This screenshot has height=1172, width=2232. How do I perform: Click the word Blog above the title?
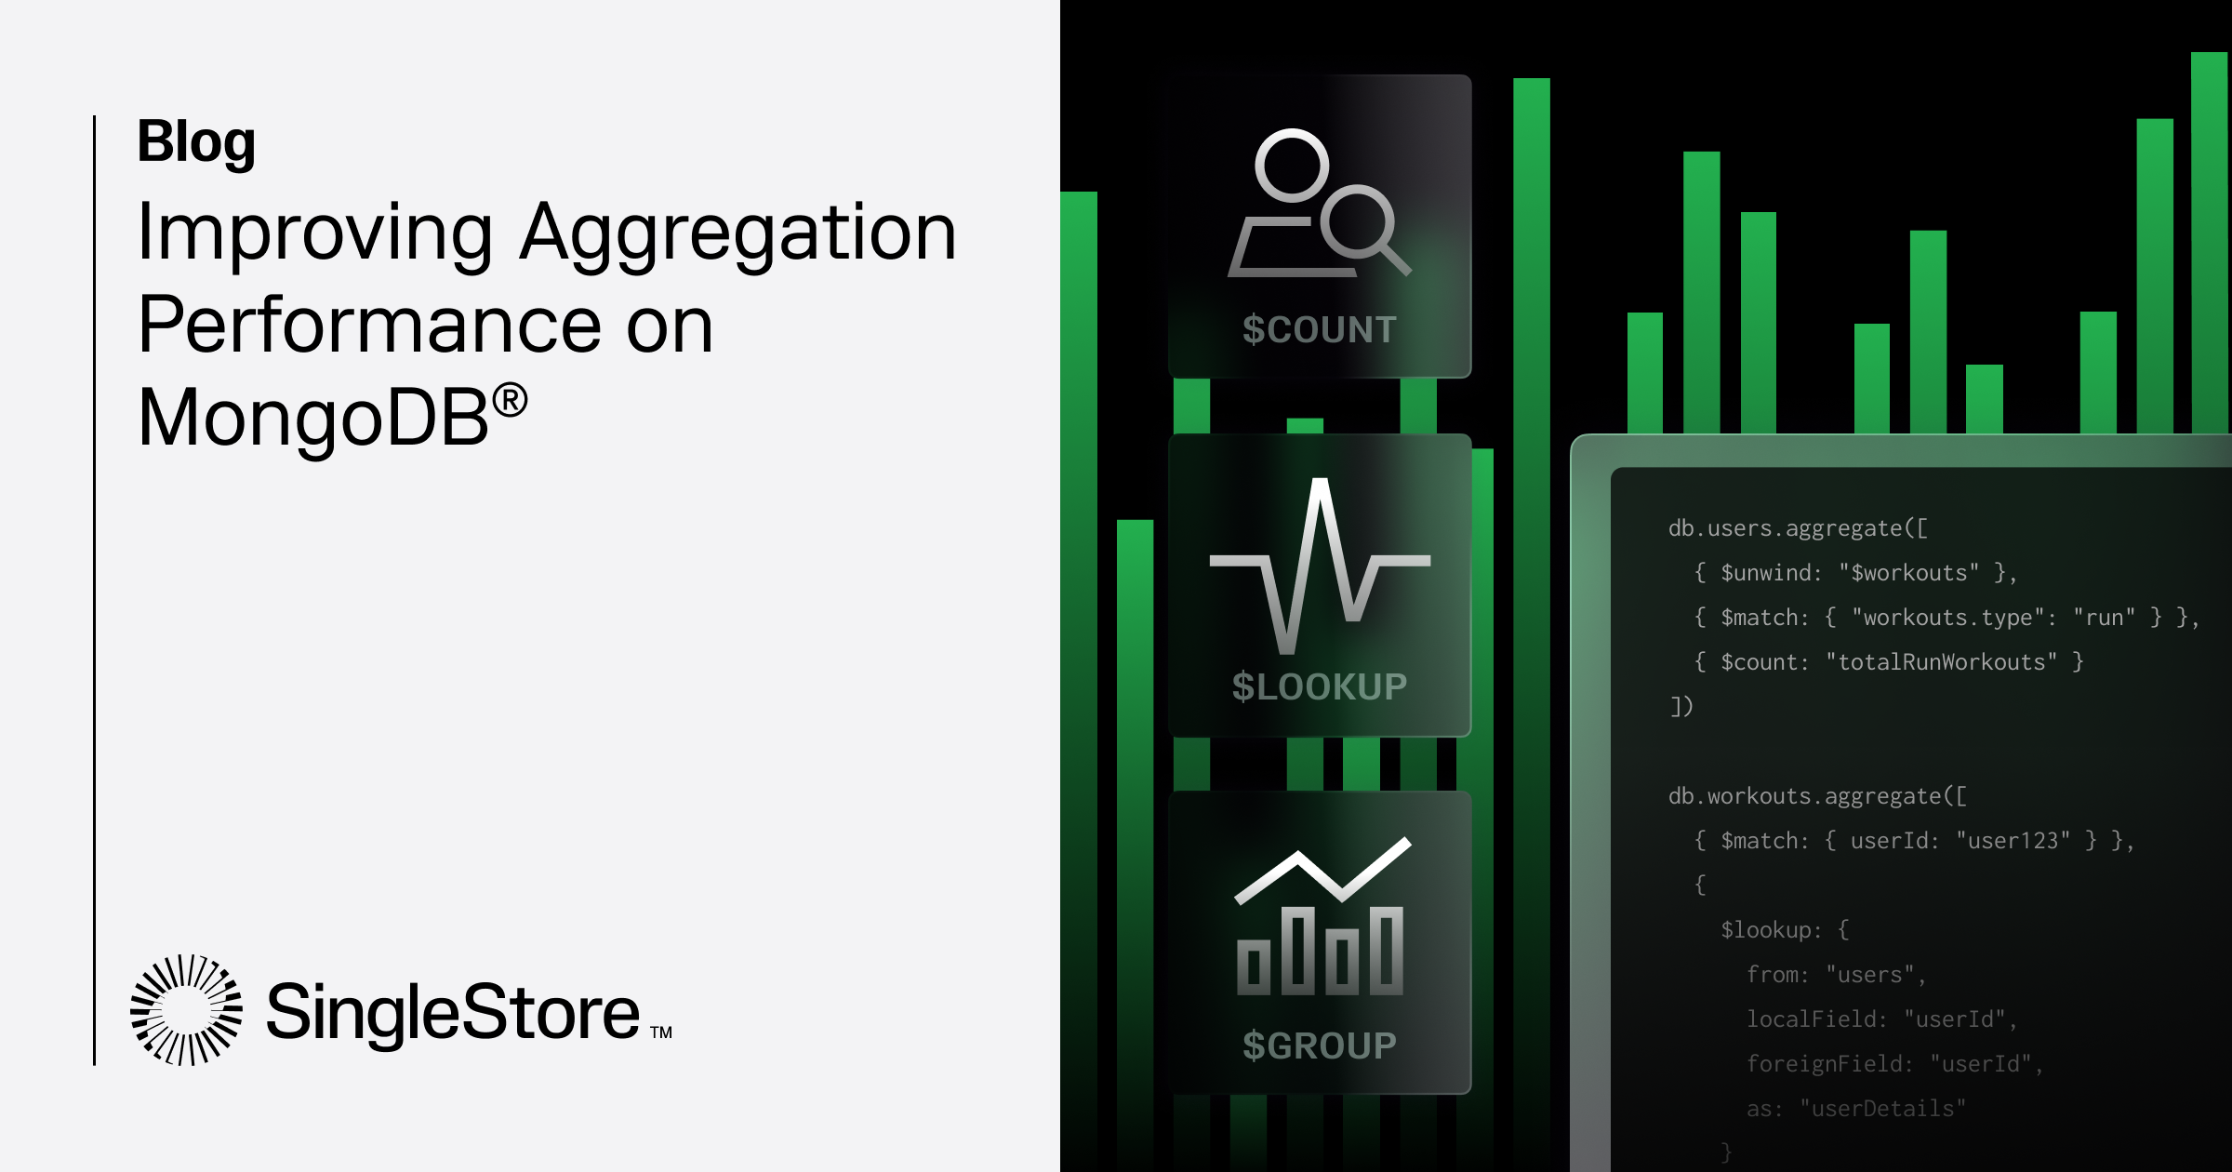tap(196, 141)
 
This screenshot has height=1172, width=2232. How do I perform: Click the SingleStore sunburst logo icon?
tap(186, 1009)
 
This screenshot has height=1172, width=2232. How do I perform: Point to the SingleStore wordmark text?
tap(453, 1012)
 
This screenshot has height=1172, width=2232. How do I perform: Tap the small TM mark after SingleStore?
tap(660, 1032)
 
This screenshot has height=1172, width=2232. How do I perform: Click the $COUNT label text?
tap(1319, 329)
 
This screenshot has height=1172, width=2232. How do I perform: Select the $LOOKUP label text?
tap(1319, 686)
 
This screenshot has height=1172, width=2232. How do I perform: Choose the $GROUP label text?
tap(1319, 1045)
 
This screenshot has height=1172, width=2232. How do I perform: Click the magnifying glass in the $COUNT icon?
tap(1363, 227)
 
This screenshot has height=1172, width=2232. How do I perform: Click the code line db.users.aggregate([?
tap(1798, 528)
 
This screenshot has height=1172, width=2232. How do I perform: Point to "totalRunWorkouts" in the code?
tap(1941, 662)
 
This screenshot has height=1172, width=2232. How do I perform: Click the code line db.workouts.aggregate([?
tap(1817, 796)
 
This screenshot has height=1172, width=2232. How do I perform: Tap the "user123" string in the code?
tap(2013, 841)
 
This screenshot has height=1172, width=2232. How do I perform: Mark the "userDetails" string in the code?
tap(1883, 1109)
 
